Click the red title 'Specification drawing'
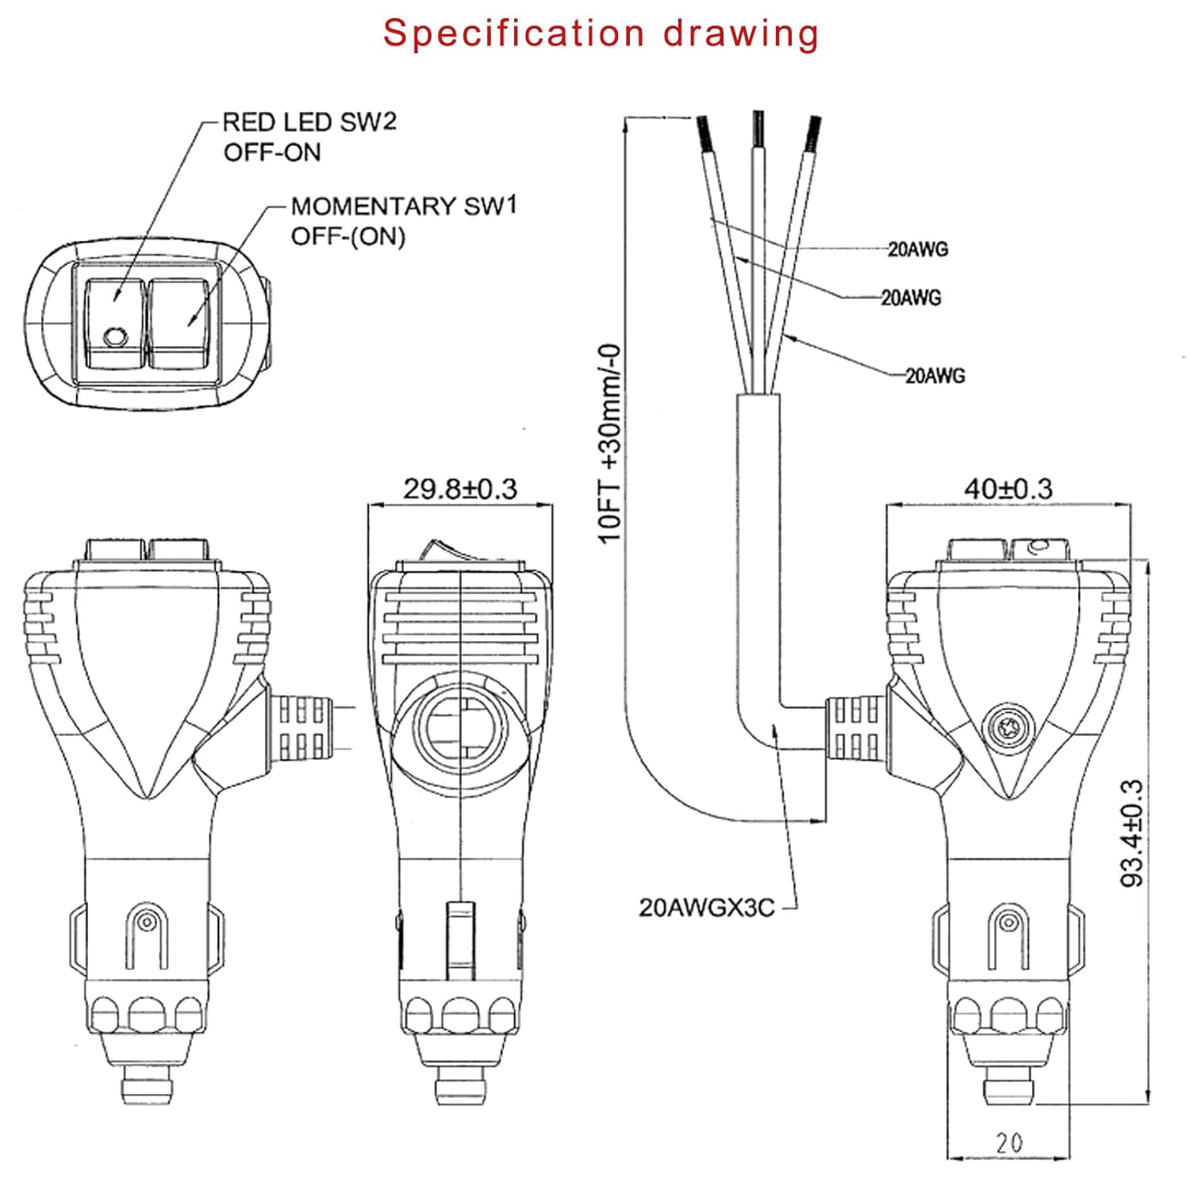601,33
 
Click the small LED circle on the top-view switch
115,336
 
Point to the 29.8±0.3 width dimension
460,489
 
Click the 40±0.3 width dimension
1008,489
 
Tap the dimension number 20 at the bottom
1009,1142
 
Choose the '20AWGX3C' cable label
706,907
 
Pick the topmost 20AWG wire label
918,249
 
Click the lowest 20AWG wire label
935,375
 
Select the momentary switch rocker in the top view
180,323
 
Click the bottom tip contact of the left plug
148,1088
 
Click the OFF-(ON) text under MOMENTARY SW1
347,236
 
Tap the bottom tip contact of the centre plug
460,1088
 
